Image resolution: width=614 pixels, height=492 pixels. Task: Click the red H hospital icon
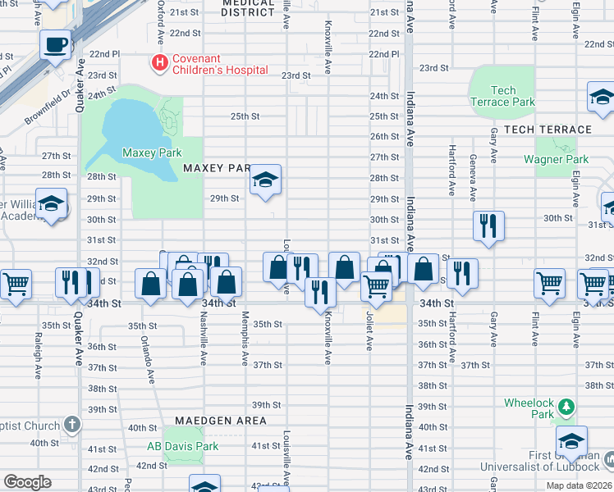pos(158,61)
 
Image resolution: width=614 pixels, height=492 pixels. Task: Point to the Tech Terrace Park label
pos(502,97)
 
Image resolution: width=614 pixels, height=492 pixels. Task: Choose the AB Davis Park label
pos(182,446)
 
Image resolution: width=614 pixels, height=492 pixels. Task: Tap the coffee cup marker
pos(55,44)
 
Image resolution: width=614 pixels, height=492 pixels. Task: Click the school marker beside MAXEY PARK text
pos(265,180)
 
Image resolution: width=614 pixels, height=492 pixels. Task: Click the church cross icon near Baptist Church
pos(72,425)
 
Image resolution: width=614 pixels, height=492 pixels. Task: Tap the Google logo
pos(27,482)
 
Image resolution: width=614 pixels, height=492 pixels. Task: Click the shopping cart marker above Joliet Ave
pos(376,287)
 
